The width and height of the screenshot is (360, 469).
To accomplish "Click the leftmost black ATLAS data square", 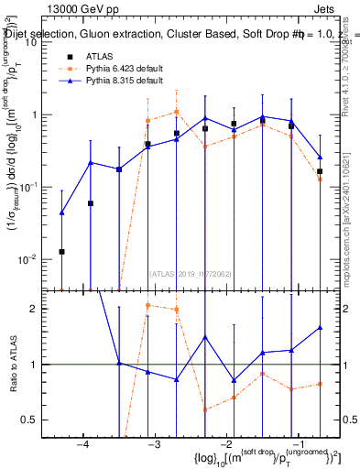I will coord(61,251).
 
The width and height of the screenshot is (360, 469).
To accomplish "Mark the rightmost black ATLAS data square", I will coord(320,171).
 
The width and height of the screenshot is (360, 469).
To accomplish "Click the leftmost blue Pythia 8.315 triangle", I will coord(61,213).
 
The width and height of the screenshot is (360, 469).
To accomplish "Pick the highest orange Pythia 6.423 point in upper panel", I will coord(176,112).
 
